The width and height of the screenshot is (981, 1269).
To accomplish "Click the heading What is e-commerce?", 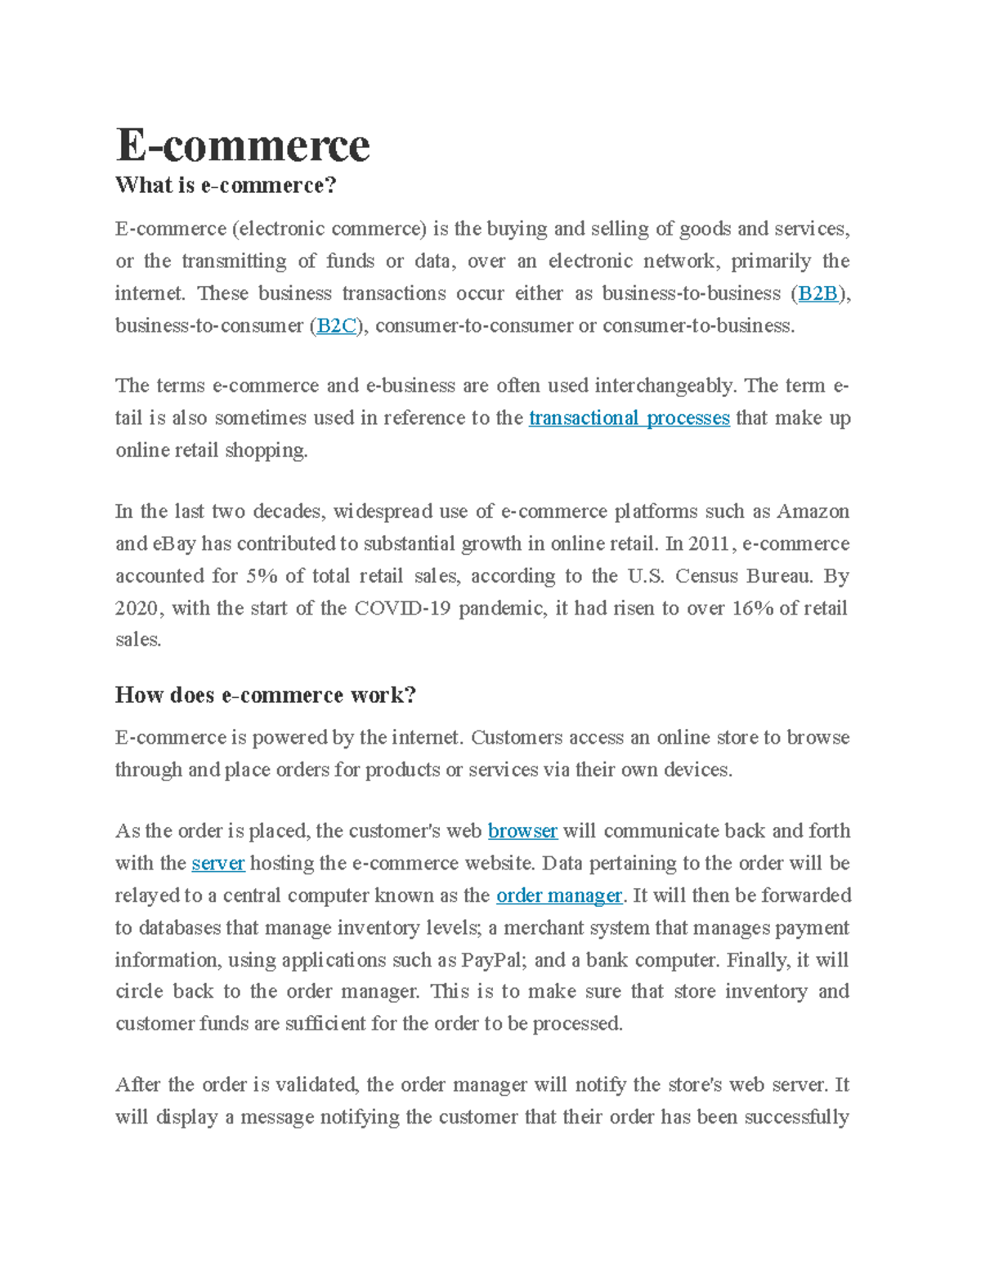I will point(226,185).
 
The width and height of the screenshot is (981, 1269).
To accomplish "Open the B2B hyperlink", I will point(817,293).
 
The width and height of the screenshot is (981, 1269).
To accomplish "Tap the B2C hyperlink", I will point(336,326).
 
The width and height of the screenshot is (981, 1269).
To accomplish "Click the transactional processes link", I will point(629,418).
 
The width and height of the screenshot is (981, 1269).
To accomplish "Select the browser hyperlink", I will point(522,831).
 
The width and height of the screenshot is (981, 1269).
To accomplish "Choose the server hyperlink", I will point(218,864).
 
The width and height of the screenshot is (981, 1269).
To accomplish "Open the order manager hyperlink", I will point(559,896).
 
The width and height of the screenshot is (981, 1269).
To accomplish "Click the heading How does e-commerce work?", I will point(266,695).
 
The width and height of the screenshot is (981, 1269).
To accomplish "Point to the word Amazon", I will point(813,512).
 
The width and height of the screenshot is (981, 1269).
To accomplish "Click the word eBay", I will point(173,544).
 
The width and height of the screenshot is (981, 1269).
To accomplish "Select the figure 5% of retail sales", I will point(262,576).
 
